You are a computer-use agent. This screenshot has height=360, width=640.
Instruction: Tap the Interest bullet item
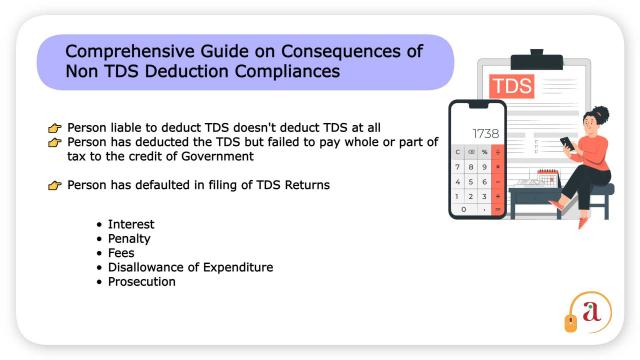(131, 224)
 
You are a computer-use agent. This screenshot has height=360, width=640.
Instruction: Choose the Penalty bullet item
(129, 239)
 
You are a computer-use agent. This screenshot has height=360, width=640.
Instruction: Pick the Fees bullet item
(121, 253)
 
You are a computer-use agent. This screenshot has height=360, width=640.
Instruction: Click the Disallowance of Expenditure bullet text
(190, 267)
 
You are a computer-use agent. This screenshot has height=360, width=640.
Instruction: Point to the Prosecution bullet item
(141, 282)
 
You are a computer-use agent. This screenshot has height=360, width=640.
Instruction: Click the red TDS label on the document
(512, 85)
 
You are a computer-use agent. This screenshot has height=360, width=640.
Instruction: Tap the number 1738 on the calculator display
(485, 133)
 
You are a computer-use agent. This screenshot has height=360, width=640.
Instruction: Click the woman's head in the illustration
(600, 118)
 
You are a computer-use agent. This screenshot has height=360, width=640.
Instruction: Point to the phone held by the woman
(566, 143)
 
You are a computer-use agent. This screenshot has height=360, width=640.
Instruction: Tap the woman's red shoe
(583, 222)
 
